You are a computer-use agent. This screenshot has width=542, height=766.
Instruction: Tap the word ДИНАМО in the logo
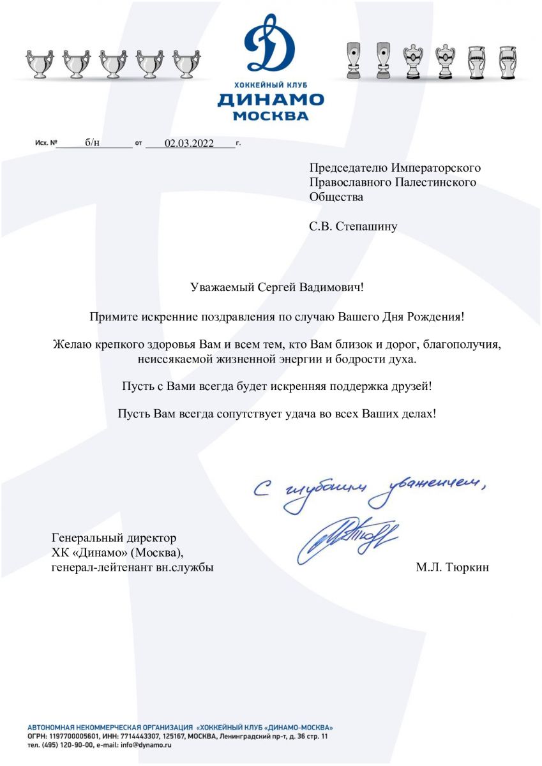pyautogui.click(x=270, y=100)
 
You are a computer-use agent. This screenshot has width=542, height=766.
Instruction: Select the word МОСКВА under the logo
pyautogui.click(x=270, y=116)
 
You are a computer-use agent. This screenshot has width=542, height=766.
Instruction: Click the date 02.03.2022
pyautogui.click(x=189, y=143)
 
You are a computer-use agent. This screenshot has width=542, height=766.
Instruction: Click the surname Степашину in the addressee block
pyautogui.click(x=366, y=226)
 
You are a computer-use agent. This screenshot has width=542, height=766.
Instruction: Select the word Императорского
pyautogui.click(x=436, y=169)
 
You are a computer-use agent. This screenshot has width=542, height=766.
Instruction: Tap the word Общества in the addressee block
pyautogui.click(x=336, y=197)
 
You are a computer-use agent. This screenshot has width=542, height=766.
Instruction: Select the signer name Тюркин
pyautogui.click(x=465, y=567)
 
